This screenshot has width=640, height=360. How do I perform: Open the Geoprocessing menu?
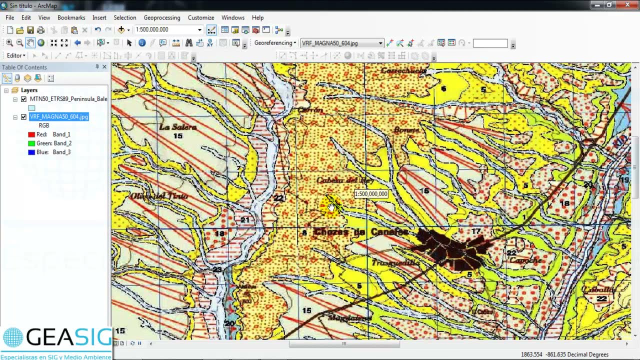click(161, 17)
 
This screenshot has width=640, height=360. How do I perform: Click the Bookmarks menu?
click(71, 17)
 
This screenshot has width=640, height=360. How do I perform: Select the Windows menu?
click(233, 17)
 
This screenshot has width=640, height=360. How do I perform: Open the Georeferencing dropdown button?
click(275, 43)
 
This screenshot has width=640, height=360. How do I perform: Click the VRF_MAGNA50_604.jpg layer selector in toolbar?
click(341, 43)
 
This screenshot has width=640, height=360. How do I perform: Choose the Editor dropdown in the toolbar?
click(16, 55)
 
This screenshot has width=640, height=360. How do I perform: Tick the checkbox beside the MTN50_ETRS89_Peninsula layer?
click(23, 99)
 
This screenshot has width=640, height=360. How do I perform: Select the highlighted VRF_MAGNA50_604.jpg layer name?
click(58, 116)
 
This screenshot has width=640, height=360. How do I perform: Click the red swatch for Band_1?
click(31, 134)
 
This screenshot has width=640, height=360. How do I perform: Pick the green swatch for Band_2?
click(31, 143)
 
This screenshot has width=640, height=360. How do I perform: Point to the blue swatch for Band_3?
click(31, 152)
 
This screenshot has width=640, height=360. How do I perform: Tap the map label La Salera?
click(177, 127)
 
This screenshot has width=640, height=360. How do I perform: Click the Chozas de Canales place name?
click(361, 232)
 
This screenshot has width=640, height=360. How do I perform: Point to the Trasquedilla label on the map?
click(395, 262)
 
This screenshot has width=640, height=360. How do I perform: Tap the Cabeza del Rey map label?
click(344, 180)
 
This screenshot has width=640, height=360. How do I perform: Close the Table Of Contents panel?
click(104, 67)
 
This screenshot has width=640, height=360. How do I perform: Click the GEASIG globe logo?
click(13, 338)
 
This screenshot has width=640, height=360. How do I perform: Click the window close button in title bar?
click(628, 5)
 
